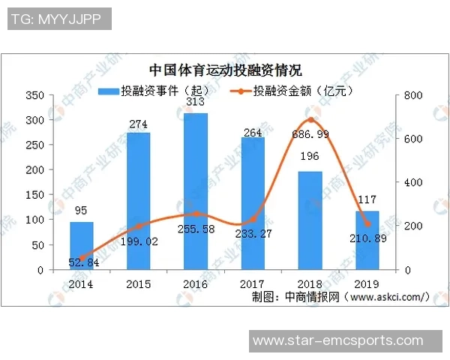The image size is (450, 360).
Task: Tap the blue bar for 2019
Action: click(367, 240)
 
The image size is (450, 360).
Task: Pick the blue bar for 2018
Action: click(310, 220)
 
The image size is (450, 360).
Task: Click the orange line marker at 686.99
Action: click(310, 120)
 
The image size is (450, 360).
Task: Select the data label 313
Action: click(195, 103)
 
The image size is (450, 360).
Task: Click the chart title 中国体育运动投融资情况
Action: click(225, 71)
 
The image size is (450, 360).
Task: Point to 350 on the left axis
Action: click(34, 95)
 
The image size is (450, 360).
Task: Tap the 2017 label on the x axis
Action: click(252, 284)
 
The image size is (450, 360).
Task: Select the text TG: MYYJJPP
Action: click(55, 19)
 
